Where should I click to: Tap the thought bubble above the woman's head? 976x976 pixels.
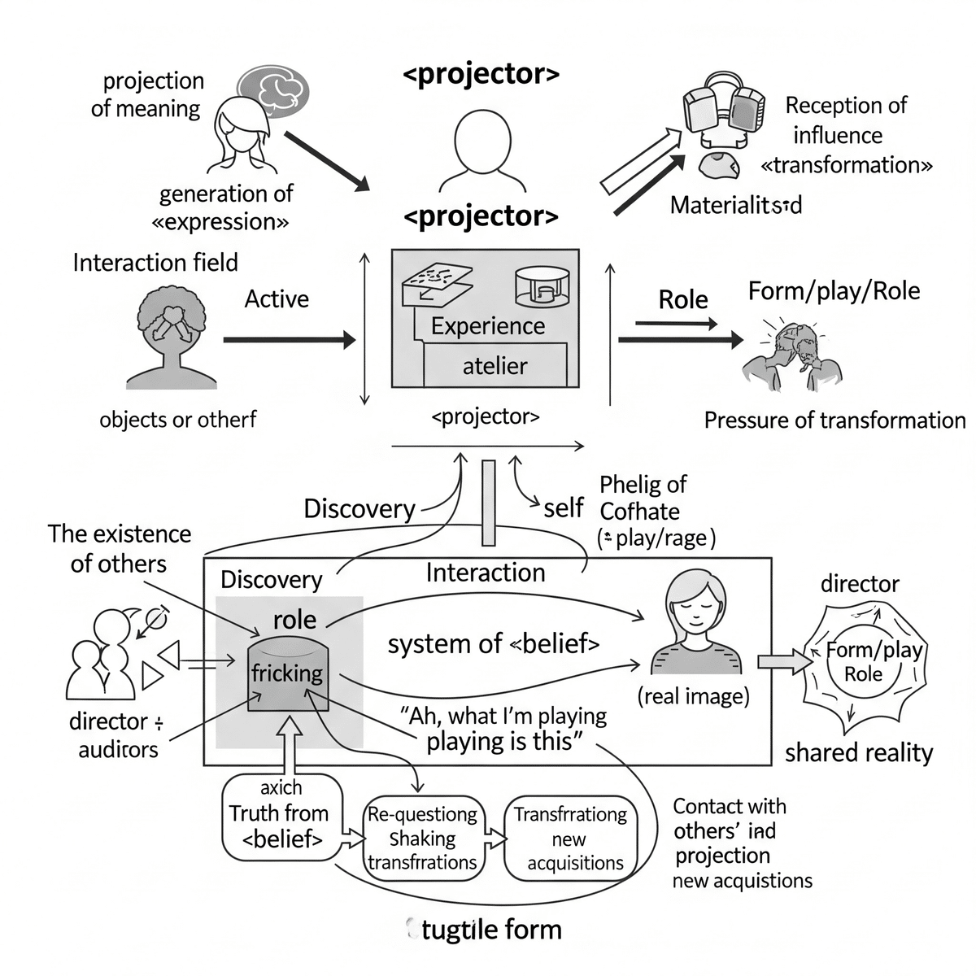pos(273,88)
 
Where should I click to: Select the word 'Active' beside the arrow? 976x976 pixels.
pos(277,299)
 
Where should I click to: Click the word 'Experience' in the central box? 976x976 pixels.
pos(488,326)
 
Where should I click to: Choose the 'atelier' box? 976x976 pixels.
pos(495,365)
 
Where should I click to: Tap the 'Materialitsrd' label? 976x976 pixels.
pos(735,205)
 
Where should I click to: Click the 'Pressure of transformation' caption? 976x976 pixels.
pos(834,420)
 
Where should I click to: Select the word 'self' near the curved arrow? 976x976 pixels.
pos(563,508)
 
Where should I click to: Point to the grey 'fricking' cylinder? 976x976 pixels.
pos(287,673)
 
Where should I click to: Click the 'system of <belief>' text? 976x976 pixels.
pos(493,644)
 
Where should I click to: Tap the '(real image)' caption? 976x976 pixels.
pos(693,696)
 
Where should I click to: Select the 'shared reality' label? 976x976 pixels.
pos(858,753)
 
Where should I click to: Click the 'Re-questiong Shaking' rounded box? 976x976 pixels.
pos(423,838)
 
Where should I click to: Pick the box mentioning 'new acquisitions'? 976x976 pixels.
pos(571,838)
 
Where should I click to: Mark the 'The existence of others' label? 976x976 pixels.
pos(120,549)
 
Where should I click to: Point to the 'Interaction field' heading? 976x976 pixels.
pos(155,263)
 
